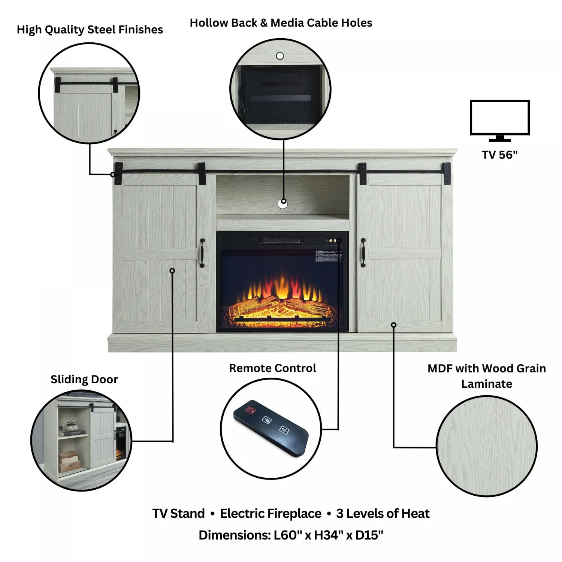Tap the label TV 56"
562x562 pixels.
[500, 155]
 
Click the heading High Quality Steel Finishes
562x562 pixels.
[90, 30]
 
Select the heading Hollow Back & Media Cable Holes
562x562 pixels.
[281, 23]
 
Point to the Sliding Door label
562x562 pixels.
[84, 380]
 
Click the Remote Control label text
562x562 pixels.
[273, 368]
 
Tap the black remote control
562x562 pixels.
[271, 428]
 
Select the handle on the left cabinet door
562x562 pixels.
[202, 253]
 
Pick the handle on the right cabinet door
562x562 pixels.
[363, 253]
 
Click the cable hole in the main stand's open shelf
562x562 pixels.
[283, 204]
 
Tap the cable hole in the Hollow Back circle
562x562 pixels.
[280, 56]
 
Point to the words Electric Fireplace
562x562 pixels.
[271, 513]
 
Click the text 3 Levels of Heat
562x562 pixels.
[383, 513]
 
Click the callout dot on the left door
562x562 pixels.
[172, 271]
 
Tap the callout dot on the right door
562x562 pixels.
[393, 325]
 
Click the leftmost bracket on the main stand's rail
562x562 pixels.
[119, 173]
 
